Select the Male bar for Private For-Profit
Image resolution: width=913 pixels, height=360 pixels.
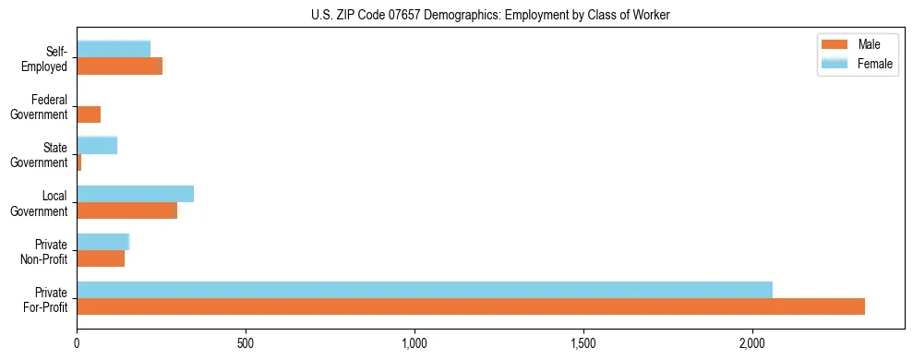point(471,306)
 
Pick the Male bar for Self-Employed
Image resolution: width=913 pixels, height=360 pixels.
point(120,66)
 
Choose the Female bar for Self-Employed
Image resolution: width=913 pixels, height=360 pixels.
point(114,50)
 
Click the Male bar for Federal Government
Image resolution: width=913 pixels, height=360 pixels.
point(89,114)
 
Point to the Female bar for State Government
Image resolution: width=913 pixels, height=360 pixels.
point(97,145)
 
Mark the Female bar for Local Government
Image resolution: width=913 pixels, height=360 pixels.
point(136,194)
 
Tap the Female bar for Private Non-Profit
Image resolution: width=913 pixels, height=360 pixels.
point(103,242)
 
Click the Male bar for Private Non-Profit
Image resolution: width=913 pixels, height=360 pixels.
point(101,258)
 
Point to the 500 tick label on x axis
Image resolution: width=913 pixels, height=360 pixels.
point(246,343)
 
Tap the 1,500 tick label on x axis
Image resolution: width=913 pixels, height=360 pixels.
point(583,343)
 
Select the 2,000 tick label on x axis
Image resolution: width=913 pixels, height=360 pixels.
point(752,343)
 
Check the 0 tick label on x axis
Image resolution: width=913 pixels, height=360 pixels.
point(78,343)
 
